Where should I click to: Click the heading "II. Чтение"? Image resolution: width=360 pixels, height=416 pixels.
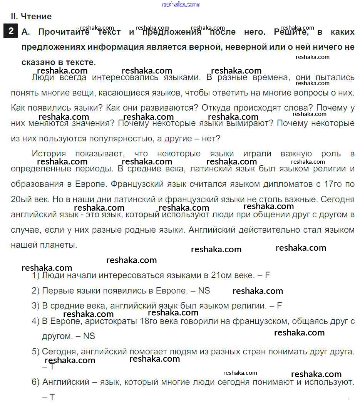[x=31, y=17]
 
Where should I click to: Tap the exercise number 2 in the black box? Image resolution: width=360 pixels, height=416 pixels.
[x=11, y=31]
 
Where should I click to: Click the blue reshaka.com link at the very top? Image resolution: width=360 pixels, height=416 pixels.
[x=181, y=4]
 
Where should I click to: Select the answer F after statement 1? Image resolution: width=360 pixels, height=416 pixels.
[x=268, y=275]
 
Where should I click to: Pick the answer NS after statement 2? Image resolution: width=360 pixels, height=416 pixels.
[x=204, y=290]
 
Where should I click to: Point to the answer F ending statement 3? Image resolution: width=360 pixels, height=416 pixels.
[x=279, y=306]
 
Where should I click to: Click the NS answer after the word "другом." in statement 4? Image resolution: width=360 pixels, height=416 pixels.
[x=89, y=336]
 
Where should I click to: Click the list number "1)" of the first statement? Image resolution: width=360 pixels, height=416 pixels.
[x=36, y=275]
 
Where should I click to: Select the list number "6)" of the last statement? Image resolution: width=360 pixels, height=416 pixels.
[x=36, y=382]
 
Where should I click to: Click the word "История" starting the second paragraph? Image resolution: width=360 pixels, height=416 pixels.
[x=49, y=153]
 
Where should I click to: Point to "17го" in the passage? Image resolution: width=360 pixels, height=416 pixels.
[x=333, y=184]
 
